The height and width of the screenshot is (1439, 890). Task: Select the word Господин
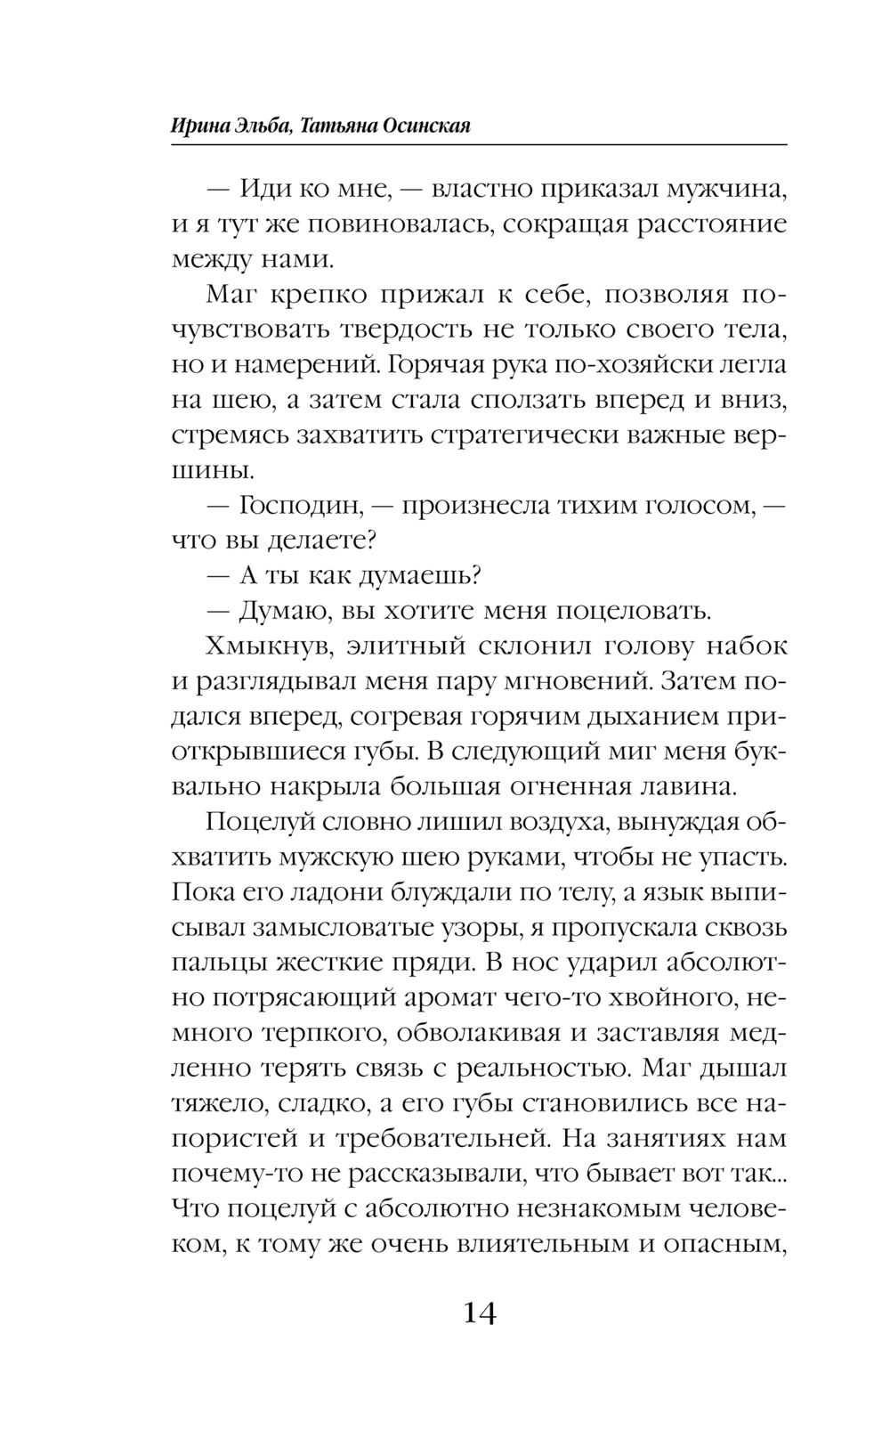(299, 506)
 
